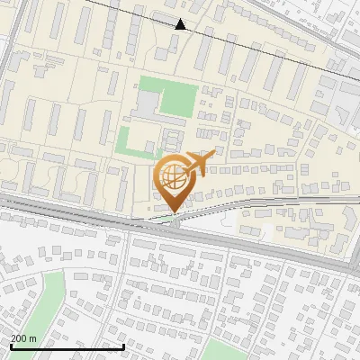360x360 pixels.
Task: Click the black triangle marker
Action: (181, 24)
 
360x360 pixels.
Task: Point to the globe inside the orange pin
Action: (173, 177)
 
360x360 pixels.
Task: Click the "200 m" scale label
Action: (24, 337)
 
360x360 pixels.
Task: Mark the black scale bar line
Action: (67, 346)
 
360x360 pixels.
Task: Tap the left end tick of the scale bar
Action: (11, 344)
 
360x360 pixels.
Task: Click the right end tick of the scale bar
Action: (123, 344)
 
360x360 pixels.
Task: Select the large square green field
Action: (175, 97)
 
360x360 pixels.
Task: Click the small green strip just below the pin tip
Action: (162, 218)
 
